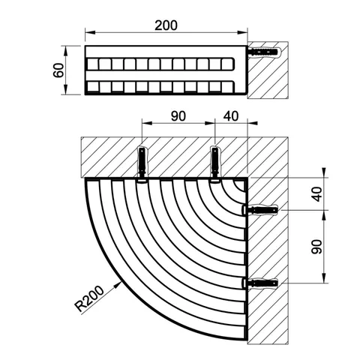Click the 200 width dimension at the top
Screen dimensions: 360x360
click(x=166, y=25)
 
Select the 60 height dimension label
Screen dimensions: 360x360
click(x=58, y=70)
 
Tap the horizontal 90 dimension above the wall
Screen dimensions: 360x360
click(x=178, y=116)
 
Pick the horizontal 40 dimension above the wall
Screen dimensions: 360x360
click(x=231, y=116)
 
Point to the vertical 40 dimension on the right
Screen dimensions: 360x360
click(x=317, y=194)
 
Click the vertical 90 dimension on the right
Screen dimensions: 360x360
click(x=317, y=247)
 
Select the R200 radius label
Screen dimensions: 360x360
click(x=89, y=298)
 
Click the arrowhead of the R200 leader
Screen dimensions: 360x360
click(x=118, y=284)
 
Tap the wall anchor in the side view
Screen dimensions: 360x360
click(x=264, y=52)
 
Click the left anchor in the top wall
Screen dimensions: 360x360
click(x=142, y=163)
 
